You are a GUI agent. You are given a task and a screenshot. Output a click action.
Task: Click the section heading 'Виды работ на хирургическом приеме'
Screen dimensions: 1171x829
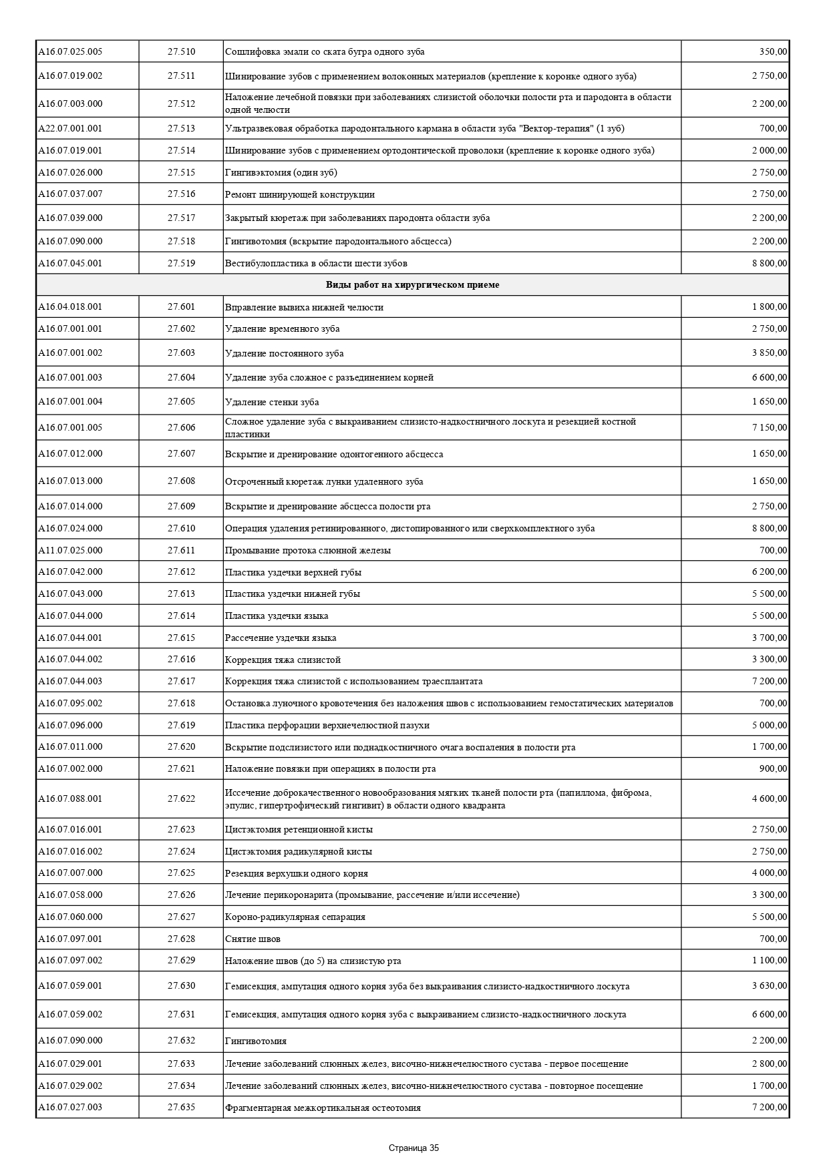412,285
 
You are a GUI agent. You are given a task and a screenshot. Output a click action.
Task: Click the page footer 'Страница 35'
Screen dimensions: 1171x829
413,1148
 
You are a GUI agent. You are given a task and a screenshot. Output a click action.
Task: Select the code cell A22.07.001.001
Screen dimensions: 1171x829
70,128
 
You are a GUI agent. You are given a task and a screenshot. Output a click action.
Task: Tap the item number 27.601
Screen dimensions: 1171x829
181,307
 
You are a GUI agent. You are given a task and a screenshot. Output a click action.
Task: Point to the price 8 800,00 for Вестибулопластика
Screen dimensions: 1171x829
770,263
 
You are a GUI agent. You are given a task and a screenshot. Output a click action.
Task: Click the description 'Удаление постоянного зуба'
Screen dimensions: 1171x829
285,353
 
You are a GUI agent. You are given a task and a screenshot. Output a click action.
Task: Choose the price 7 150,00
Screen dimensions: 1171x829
770,427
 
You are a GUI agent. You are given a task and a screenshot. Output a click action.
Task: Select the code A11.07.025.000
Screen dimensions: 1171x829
70,550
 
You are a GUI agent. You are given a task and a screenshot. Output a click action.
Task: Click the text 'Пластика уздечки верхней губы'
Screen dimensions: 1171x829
293,572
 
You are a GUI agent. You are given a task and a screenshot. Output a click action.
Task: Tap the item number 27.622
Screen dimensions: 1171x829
181,798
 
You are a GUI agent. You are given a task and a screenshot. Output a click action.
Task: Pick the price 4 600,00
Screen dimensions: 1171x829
770,798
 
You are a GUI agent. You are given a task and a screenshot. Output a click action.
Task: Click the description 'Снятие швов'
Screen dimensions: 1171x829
253,939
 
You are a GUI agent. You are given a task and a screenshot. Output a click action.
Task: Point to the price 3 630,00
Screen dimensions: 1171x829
770,985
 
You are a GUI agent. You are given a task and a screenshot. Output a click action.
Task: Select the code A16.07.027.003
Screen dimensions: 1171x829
70,1107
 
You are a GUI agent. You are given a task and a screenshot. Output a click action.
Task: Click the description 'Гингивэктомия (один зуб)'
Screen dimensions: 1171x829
281,173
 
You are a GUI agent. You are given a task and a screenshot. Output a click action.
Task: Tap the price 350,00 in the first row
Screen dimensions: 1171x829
773,51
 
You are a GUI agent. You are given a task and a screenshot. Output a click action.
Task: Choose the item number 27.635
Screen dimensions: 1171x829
181,1107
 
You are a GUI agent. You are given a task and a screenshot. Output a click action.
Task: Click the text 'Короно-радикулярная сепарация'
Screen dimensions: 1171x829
295,917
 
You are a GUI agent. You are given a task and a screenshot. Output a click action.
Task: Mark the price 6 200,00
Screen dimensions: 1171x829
770,571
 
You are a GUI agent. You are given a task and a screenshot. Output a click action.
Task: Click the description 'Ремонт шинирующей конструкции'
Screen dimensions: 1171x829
300,194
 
